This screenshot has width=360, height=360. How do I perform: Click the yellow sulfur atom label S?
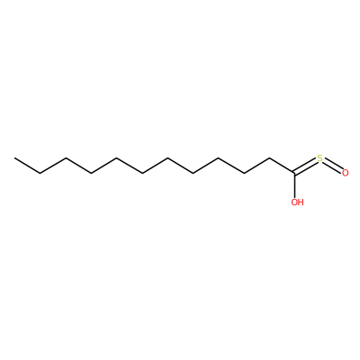pyautogui.click(x=319, y=158)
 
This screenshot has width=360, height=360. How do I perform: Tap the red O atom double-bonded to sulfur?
pyautogui.click(x=346, y=173)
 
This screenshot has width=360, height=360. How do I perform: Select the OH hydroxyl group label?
pyautogui.click(x=297, y=202)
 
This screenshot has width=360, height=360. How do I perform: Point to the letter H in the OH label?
pyautogui.click(x=301, y=202)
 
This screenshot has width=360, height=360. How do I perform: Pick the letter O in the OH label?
pyautogui.click(x=294, y=202)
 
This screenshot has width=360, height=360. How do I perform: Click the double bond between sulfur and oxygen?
pyautogui.click(x=332, y=166)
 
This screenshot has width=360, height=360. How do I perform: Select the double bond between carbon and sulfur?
pyautogui.click(x=305, y=166)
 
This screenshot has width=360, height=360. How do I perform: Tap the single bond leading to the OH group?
pyautogui.click(x=294, y=185)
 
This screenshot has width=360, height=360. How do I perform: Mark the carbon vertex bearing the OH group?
pyautogui.click(x=294, y=173)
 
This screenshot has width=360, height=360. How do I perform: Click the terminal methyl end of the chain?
pyautogui.click(x=14, y=158)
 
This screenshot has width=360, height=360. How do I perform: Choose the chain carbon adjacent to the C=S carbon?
pyautogui.click(x=269, y=158)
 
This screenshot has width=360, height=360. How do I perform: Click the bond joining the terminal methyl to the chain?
pyautogui.click(x=27, y=166)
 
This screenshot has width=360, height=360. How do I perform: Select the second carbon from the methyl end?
pyautogui.click(x=40, y=173)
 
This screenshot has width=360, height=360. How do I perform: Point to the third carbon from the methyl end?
pyautogui.click(x=66, y=158)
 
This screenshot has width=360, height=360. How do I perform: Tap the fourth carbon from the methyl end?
pyautogui.click(x=91, y=173)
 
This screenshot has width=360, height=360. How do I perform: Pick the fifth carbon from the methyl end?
pyautogui.click(x=116, y=158)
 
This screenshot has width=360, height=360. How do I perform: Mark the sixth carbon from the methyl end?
pyautogui.click(x=142, y=173)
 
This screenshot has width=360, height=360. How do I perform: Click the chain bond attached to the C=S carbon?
pyautogui.click(x=282, y=166)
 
